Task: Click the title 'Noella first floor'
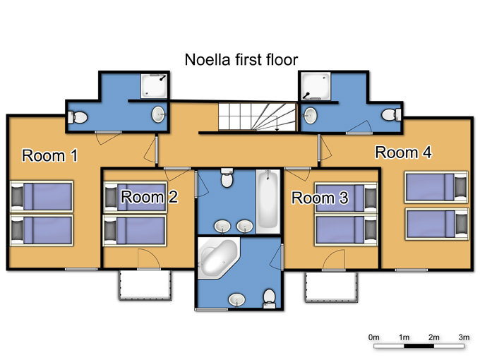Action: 241,60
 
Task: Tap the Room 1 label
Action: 50,155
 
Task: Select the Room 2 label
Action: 150,196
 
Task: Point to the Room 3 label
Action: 320,198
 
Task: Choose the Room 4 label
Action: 404,152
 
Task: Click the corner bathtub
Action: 218,258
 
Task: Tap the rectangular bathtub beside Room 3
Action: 268,201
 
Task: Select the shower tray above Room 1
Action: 154,85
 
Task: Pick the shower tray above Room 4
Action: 316,86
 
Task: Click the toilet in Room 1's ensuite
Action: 78,117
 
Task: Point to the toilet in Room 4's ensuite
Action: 391,115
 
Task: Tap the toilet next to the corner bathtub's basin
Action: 270,299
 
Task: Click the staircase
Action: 258,116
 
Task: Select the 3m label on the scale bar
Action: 464,337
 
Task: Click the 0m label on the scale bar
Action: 374,337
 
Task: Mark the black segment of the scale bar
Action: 419,346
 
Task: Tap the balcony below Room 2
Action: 145,285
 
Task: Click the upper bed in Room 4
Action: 436,187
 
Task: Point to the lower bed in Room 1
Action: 42,230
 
